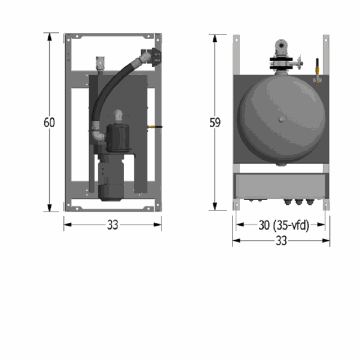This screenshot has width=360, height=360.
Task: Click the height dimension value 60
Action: coord(49,122)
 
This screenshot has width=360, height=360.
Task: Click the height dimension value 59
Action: coord(215,122)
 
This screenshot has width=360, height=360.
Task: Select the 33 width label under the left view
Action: coord(112,225)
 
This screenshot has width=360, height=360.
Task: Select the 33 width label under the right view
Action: coord(281,241)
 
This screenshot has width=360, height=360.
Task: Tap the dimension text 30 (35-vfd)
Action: coord(284,225)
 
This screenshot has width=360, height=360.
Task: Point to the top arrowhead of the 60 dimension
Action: coord(49,37)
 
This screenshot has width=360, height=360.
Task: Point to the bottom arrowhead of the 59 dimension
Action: coord(215,206)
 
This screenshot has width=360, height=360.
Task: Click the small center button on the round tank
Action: coord(281,119)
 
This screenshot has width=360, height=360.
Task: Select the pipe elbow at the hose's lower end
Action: coord(97,133)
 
